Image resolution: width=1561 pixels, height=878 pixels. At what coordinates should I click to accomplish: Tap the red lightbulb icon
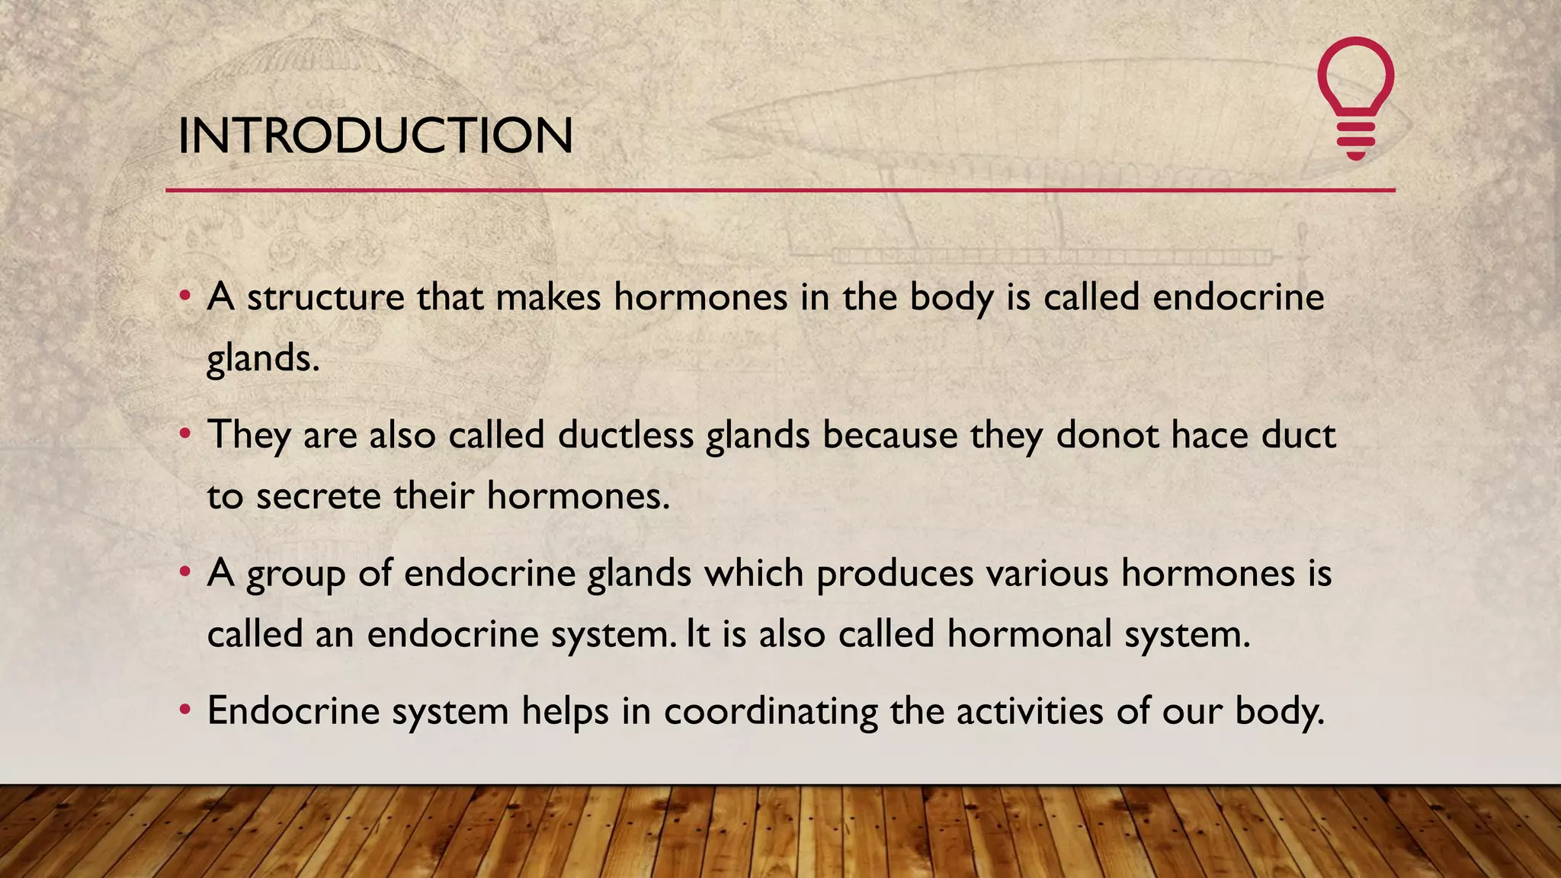pyautogui.click(x=1355, y=98)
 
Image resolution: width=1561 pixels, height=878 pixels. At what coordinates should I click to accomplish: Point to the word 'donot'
pyautogui.click(x=1107, y=435)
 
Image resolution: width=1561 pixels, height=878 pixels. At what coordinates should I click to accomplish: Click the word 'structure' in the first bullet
pyautogui.click(x=325, y=297)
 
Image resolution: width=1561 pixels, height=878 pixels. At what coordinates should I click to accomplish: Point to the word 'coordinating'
pyautogui.click(x=771, y=712)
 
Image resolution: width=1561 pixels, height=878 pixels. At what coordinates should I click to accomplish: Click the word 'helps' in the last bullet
pyautogui.click(x=565, y=712)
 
